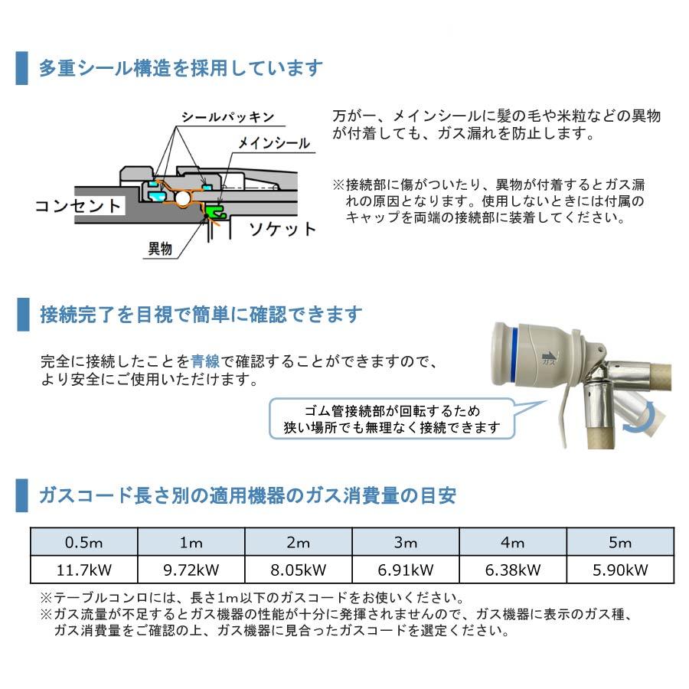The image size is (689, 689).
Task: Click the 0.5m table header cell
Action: tap(84, 543)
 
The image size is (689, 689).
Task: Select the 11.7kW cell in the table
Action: tap(84, 570)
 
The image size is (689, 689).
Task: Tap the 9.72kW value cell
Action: tap(191, 570)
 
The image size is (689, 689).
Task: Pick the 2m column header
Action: tap(298, 543)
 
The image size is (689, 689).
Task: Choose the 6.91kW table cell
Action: tap(405, 570)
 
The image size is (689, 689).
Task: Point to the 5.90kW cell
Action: tap(619, 570)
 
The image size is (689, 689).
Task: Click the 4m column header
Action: tap(512, 543)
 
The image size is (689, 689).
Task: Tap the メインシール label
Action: tap(273, 143)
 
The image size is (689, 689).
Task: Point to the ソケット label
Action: tap(282, 228)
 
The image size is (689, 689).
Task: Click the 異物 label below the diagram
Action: tap(160, 249)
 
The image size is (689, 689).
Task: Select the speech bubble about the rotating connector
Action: tap(391, 418)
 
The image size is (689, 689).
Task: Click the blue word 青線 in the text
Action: tap(205, 361)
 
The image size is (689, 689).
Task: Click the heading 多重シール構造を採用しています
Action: tap(181, 68)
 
